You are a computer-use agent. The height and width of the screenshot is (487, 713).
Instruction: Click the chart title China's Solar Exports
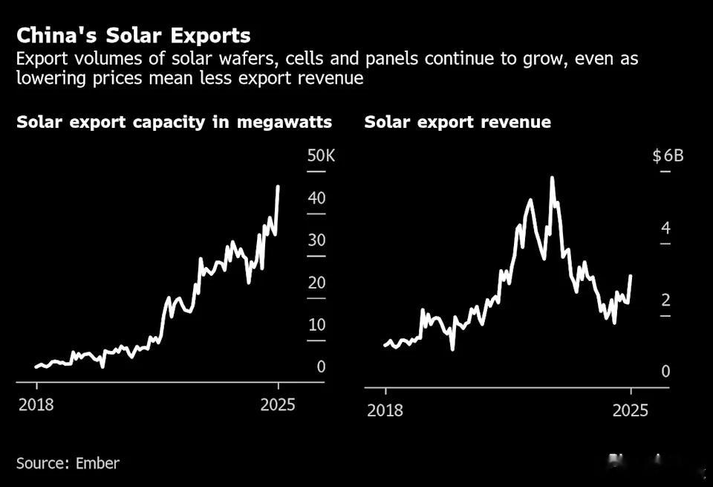tap(134, 36)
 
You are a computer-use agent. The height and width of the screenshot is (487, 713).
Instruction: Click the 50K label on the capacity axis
tap(321, 156)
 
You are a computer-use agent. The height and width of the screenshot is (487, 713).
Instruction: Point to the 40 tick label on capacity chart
tap(317, 199)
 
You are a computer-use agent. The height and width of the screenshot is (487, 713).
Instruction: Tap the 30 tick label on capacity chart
tap(317, 240)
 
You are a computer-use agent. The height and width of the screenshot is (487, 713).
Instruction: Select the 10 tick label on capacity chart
tap(317, 325)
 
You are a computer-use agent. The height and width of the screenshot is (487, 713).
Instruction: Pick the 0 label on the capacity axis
tap(321, 367)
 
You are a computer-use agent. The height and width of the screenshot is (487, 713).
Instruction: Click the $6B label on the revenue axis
tap(667, 156)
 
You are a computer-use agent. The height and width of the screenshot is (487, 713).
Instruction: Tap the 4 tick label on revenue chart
tap(666, 228)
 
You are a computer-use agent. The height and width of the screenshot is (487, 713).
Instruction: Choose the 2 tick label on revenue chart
tap(666, 300)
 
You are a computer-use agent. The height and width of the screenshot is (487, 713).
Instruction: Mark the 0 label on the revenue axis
tap(666, 372)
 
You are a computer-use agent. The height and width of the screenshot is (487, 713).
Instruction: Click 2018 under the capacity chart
tap(36, 405)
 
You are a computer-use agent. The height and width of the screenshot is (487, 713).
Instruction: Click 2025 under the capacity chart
tap(279, 405)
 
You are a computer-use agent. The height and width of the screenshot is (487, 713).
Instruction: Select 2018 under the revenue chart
tap(385, 410)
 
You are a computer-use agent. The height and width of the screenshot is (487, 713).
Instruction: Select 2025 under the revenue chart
tap(631, 410)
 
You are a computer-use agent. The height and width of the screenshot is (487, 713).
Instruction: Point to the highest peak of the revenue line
tap(552, 178)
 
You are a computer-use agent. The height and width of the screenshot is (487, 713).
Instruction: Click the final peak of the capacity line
tap(278, 187)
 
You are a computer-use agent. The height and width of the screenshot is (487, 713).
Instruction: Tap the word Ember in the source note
tap(97, 463)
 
